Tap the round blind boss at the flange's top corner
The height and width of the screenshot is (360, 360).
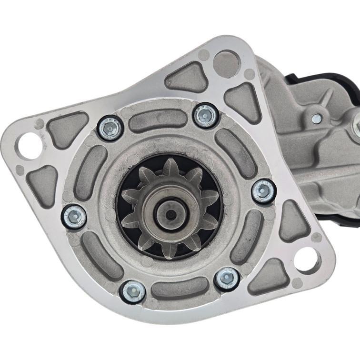click(x=226, y=63)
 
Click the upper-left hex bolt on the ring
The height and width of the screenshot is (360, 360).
click(x=110, y=128)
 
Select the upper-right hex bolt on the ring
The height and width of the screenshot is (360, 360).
click(x=206, y=115)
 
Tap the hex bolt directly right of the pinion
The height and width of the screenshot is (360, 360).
click(x=263, y=191)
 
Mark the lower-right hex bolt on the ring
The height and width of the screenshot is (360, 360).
click(x=227, y=279)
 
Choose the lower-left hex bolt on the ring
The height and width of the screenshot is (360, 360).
click(x=132, y=291)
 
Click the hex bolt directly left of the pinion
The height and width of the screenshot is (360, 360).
click(x=74, y=217)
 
